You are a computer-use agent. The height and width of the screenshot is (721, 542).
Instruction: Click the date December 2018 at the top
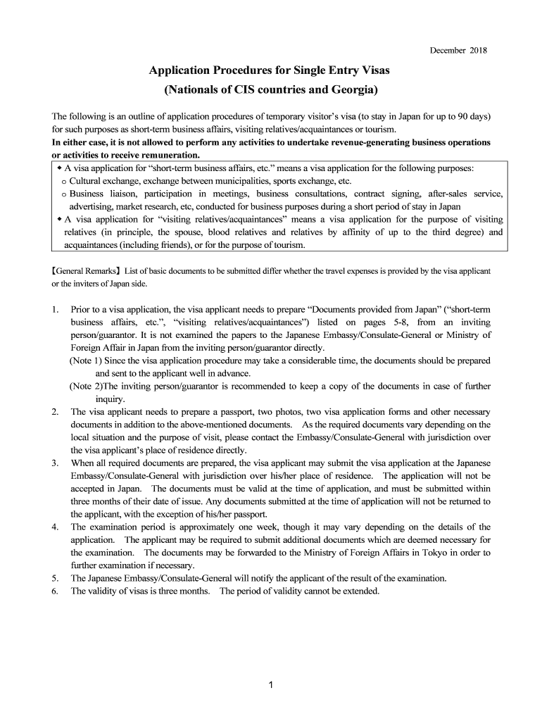pyautogui.click(x=458, y=51)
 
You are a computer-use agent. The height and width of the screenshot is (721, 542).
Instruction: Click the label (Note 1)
pyautogui.click(x=86, y=360)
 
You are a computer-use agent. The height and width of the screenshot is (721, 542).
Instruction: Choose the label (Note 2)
pyautogui.click(x=86, y=386)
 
